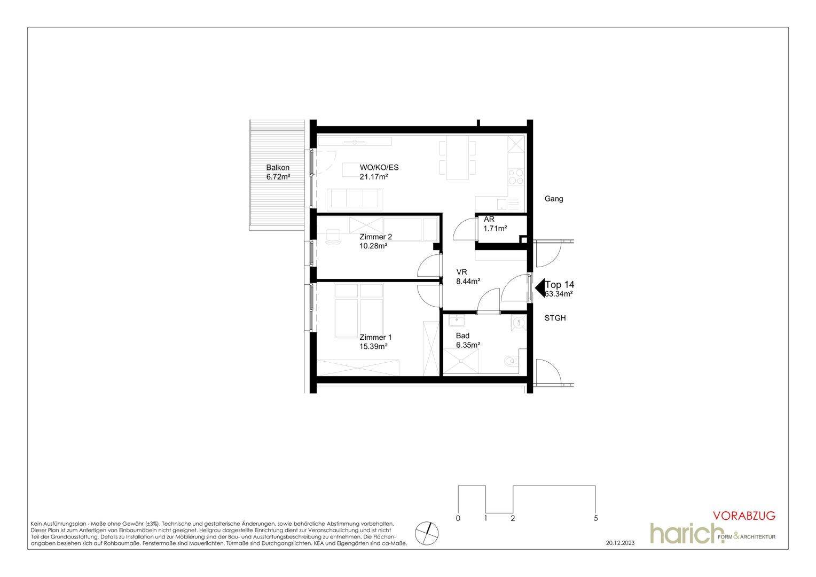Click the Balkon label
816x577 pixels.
[278, 168]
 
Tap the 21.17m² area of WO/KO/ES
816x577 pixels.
[373, 177]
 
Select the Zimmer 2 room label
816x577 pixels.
[375, 237]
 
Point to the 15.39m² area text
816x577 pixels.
[373, 347]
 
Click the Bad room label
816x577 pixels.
[462, 336]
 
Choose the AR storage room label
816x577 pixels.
[489, 220]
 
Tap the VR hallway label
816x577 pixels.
[461, 272]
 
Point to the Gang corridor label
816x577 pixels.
[554, 199]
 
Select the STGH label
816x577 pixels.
[555, 318]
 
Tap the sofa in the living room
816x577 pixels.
[355, 200]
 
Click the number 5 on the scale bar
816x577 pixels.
[595, 518]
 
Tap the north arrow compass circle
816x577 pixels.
[427, 533]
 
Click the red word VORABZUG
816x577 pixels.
[744, 516]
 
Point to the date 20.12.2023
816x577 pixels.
[621, 543]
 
